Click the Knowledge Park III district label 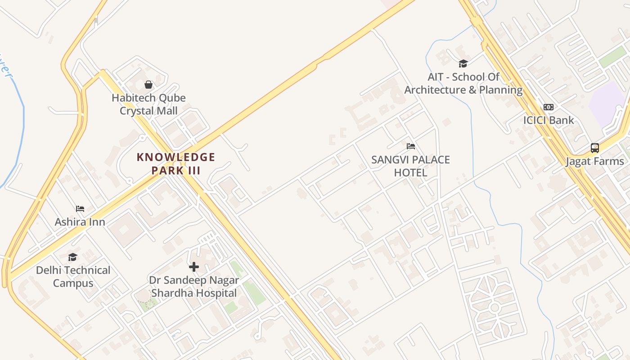click(x=176, y=164)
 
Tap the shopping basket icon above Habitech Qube click(x=148, y=84)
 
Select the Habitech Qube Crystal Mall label click(x=148, y=104)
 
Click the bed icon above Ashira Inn click(x=80, y=209)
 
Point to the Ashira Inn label click(x=80, y=222)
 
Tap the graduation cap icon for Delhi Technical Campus click(x=72, y=257)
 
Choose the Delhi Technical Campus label click(x=73, y=277)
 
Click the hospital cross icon click(x=194, y=267)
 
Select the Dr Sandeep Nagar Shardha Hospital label click(x=194, y=287)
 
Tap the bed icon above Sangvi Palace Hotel click(x=410, y=146)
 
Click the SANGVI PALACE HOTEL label click(x=410, y=166)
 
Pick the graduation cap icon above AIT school click(x=463, y=63)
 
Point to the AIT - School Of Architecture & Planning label click(x=463, y=83)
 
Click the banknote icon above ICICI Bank click(x=549, y=107)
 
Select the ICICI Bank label click(x=549, y=120)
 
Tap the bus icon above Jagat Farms click(x=594, y=148)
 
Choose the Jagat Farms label click(x=594, y=161)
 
